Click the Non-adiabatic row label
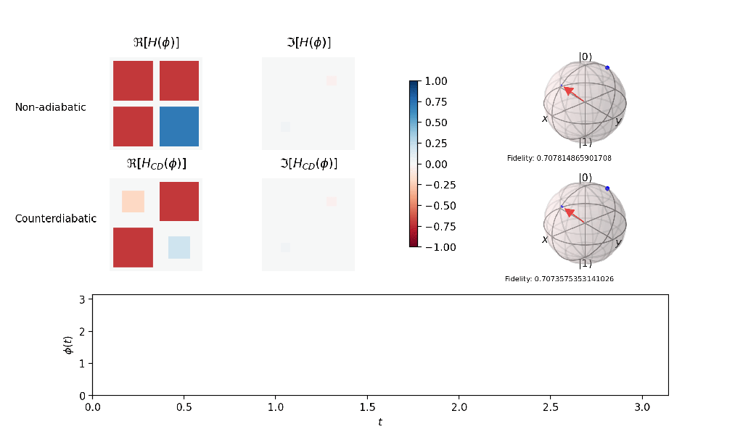point(50,107)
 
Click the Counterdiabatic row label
point(55,218)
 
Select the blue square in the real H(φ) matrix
point(178,127)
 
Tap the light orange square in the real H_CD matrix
point(133,201)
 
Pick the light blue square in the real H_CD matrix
point(178,247)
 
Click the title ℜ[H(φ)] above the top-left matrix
point(156,43)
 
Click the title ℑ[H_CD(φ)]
point(308,163)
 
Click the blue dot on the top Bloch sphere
point(607,67)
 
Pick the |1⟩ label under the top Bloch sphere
point(585,142)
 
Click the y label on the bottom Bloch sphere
point(618,243)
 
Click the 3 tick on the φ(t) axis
point(82,299)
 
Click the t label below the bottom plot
point(379,422)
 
